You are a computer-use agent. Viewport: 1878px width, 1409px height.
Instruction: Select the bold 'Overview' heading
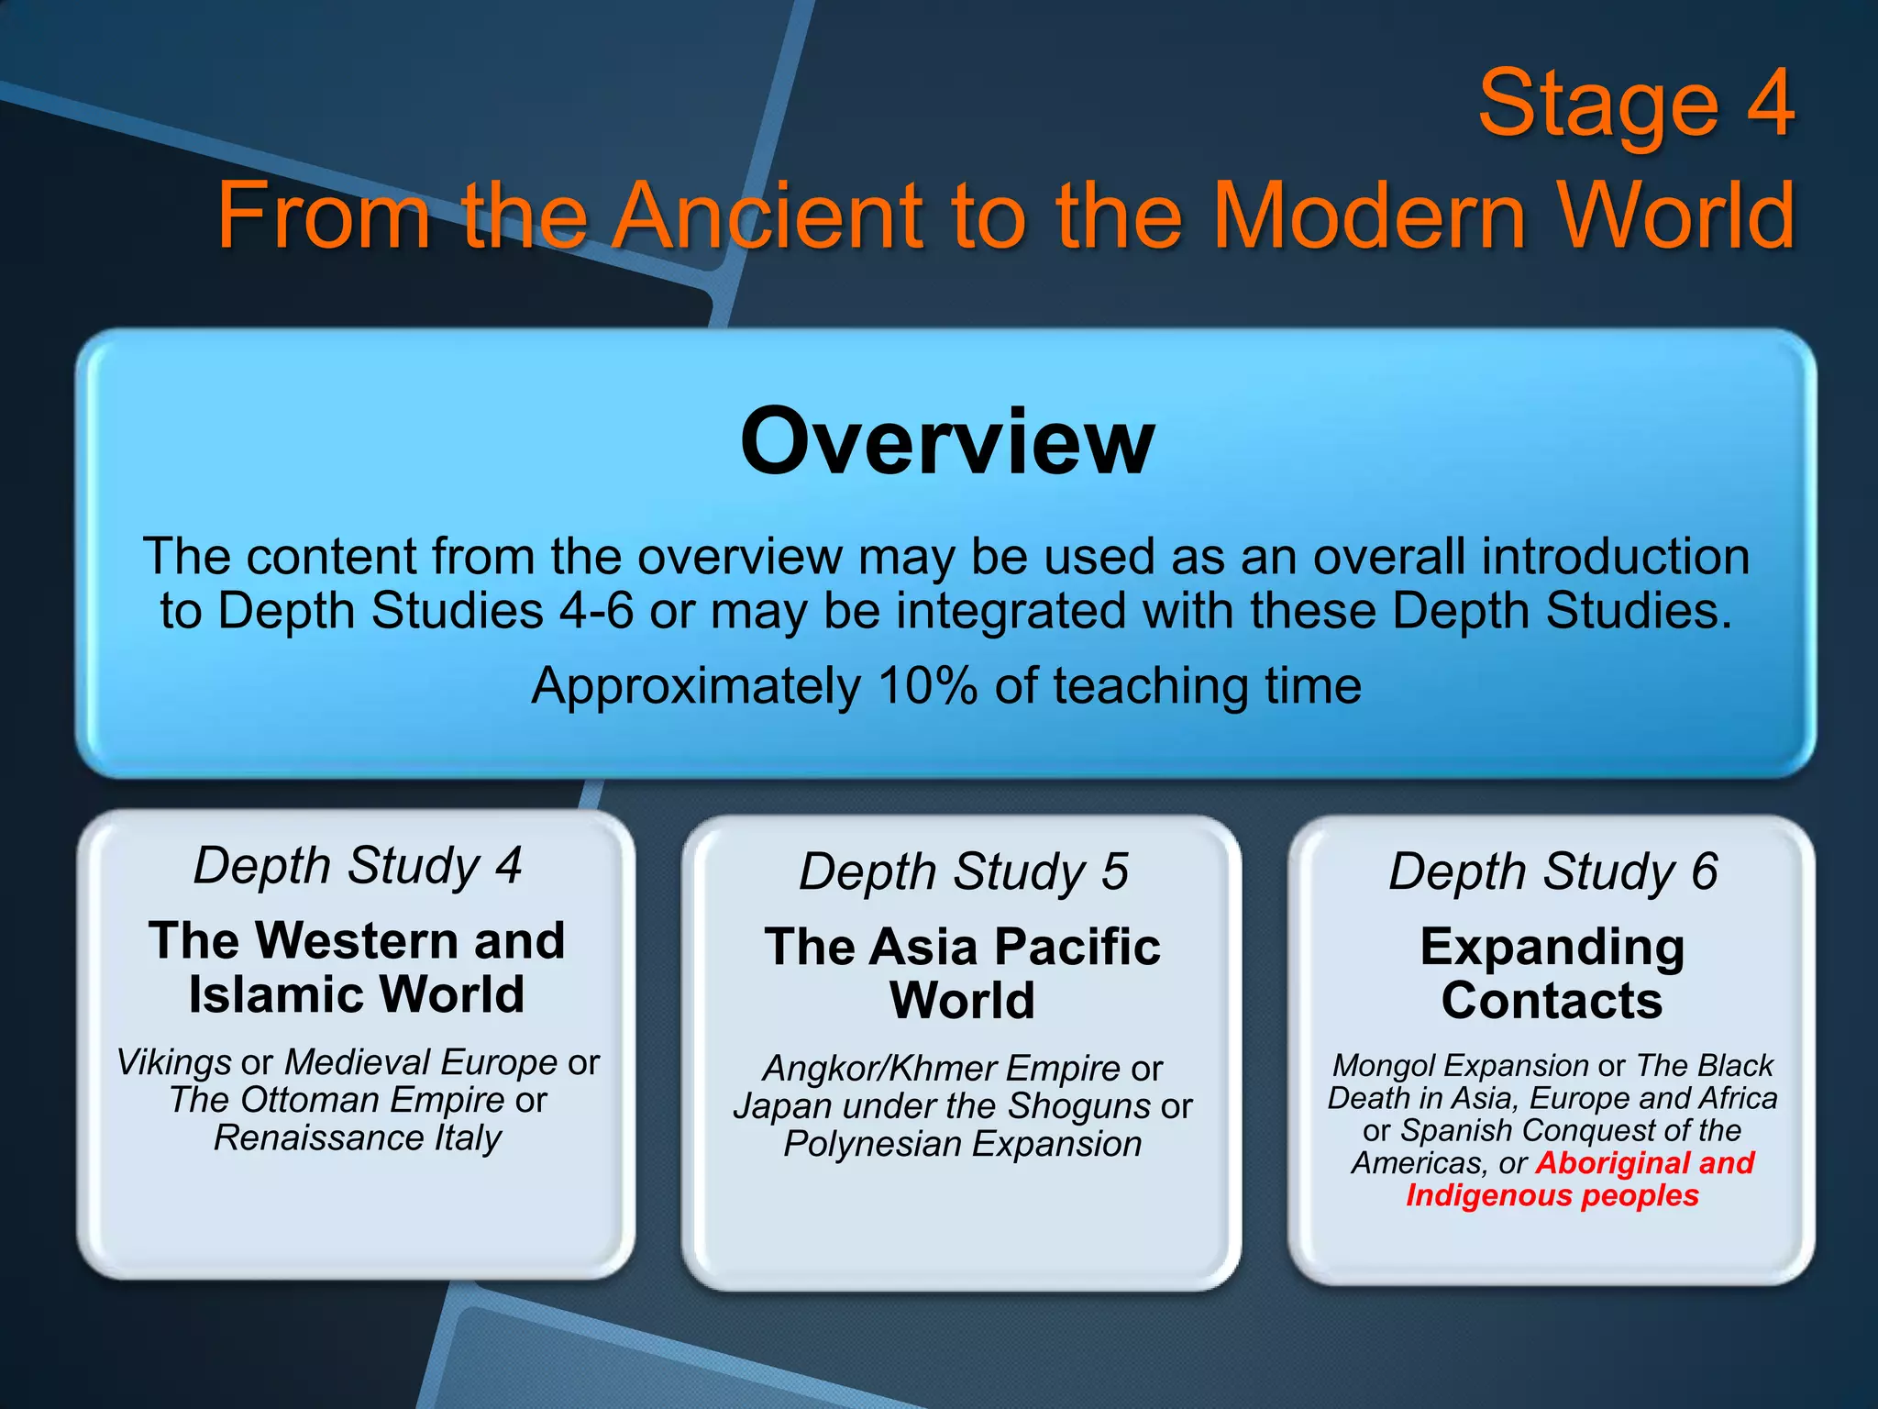point(946,442)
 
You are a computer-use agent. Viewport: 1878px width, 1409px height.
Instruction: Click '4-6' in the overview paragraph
point(596,611)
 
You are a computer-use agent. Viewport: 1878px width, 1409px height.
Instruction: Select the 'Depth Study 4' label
point(357,865)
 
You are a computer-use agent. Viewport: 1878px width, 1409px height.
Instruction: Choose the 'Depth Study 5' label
point(963,871)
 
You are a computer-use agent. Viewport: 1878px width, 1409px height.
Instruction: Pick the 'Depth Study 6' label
point(1552,871)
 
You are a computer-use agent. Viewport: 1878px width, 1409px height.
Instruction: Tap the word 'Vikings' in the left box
point(173,1062)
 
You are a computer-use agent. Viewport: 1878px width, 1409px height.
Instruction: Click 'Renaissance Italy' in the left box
point(357,1138)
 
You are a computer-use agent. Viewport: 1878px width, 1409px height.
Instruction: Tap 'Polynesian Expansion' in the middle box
point(962,1144)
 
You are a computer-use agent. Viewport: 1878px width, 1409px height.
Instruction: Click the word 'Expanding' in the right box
point(1552,947)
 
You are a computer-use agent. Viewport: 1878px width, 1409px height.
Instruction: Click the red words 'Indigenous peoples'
point(1552,1196)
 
